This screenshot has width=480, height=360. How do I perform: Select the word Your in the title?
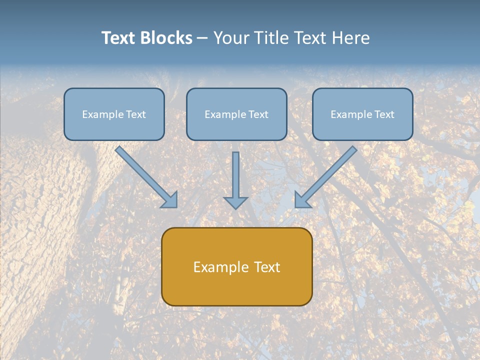click(x=231, y=38)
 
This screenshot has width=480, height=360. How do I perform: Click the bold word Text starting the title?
click(x=119, y=38)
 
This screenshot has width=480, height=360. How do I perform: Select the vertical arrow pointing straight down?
click(x=235, y=175)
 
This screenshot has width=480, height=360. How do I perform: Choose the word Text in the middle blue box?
click(x=258, y=114)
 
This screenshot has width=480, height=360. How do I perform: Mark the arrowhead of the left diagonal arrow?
click(x=170, y=200)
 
